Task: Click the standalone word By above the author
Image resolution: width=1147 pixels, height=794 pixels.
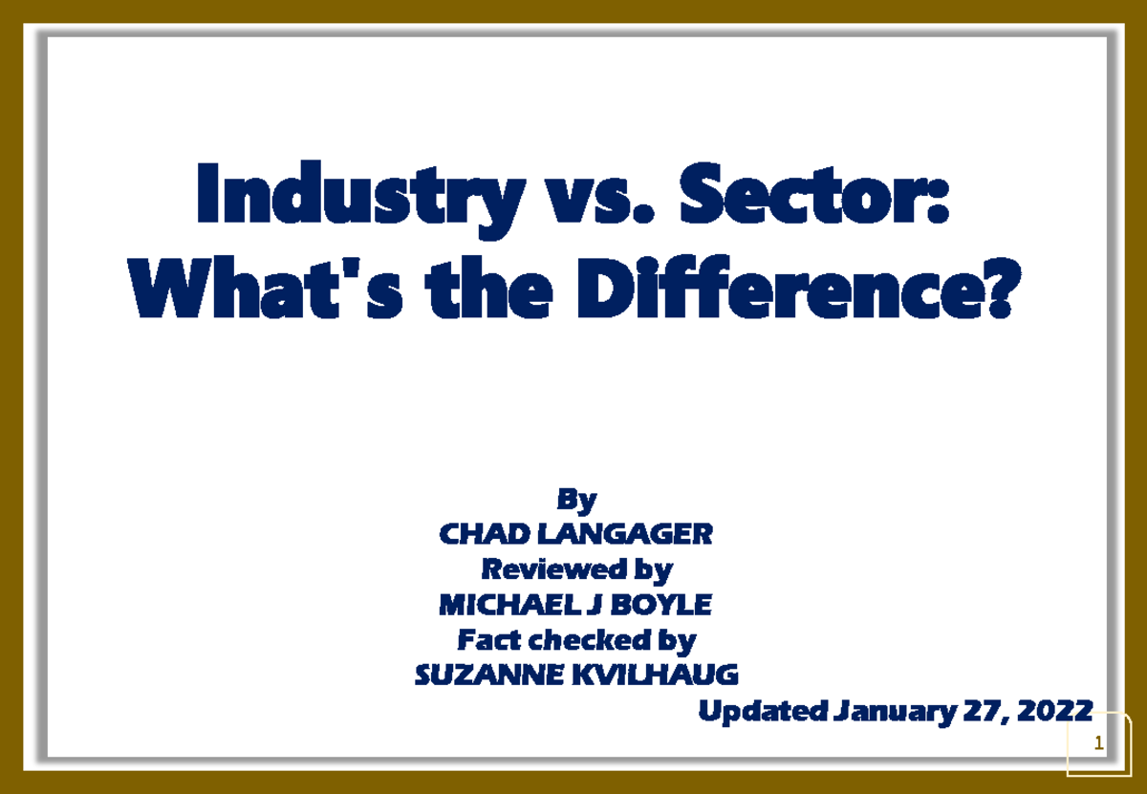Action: (x=576, y=499)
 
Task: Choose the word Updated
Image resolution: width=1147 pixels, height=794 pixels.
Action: (x=762, y=711)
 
